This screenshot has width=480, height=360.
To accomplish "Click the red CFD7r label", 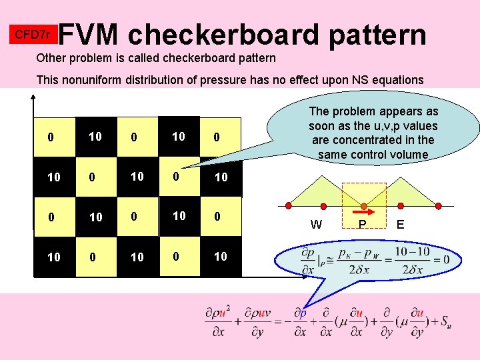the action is [33, 33].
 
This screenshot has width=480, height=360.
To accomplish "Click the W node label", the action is [317, 225].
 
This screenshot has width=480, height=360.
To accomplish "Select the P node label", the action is [362, 225].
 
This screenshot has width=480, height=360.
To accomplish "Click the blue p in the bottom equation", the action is [302, 313].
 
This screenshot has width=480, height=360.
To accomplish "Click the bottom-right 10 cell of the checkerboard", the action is [221, 257].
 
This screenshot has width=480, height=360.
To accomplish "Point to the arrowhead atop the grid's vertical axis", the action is [32, 95].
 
